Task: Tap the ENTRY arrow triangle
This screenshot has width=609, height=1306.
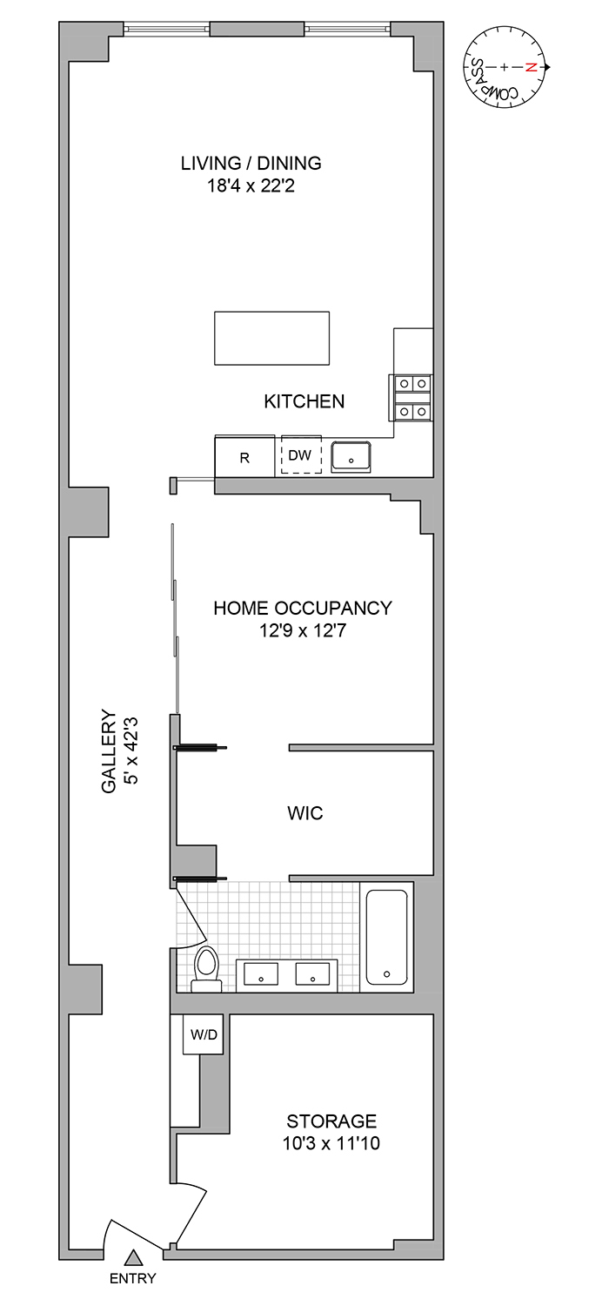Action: coord(133,1257)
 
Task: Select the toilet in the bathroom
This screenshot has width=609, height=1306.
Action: coord(206,969)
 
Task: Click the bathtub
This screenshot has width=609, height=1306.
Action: coord(386,936)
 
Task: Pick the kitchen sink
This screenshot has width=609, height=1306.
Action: coord(351,455)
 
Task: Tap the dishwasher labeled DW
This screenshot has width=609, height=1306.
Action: coord(300,455)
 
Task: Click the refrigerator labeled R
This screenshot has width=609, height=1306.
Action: coord(244,457)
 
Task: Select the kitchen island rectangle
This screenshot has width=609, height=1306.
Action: coord(272,339)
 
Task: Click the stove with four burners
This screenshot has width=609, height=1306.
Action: coord(412,396)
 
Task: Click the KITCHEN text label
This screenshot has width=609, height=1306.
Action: coord(304,401)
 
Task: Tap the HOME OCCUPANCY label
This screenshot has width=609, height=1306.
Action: coord(303,608)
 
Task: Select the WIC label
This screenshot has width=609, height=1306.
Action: coord(304,813)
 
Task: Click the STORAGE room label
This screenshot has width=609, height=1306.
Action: coord(331,1121)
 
